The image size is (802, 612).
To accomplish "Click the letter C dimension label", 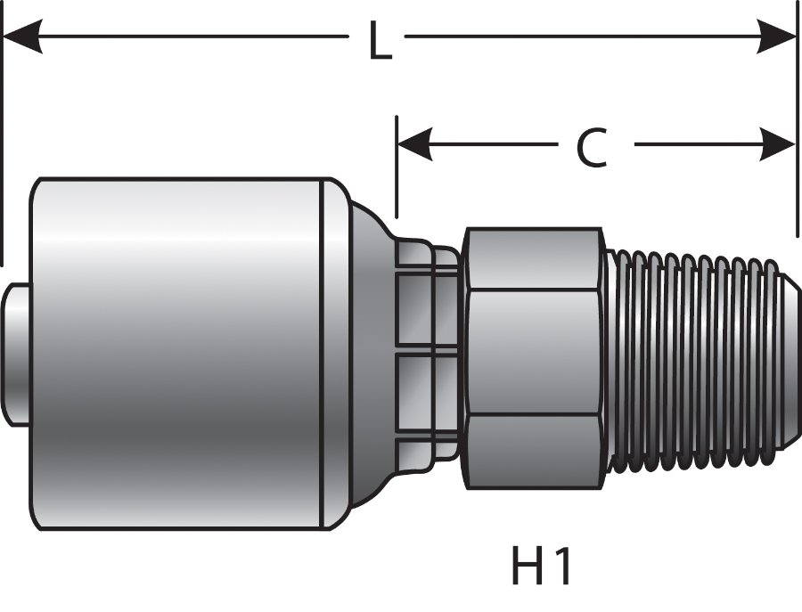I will pyautogui.click(x=591, y=148).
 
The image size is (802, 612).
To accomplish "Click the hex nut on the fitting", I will pyautogui.click(x=533, y=356).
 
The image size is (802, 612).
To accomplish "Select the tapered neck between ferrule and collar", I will pyautogui.click(x=370, y=356).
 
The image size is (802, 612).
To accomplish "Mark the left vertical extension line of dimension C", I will pyautogui.click(x=397, y=178).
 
